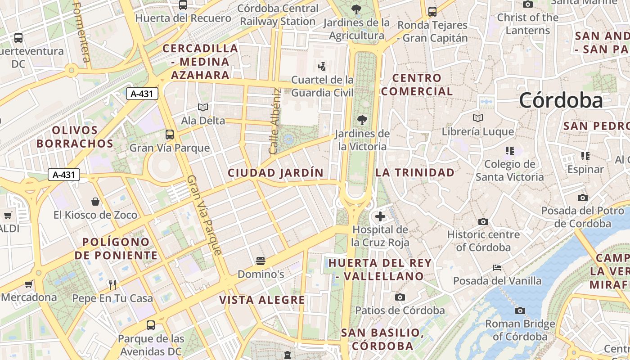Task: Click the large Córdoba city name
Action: pos(561,100)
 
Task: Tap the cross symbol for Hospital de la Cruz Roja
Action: pos(380,216)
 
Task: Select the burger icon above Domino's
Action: pos(260,261)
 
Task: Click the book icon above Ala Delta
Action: pos(203,107)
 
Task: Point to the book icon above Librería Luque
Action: pos(477,118)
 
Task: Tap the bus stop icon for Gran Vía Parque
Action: pos(170,134)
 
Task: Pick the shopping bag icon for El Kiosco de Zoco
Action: pos(95,201)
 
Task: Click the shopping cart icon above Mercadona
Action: pos(29,284)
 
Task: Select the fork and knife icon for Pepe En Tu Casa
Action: pos(112,284)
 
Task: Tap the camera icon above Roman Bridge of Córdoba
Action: pos(520,310)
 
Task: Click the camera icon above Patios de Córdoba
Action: pos(400,297)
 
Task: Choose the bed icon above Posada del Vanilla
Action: pos(497,267)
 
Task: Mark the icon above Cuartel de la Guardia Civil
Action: pos(322,67)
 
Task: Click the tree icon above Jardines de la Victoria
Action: pos(362,120)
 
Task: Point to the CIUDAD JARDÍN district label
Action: pos(275,173)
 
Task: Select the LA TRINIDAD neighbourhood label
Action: pos(415,172)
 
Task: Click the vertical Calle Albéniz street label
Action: pos(274,121)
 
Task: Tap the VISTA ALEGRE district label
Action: pos(262,300)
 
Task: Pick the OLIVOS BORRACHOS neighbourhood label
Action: pos(75,137)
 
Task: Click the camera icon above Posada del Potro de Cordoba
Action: pos(582,198)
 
